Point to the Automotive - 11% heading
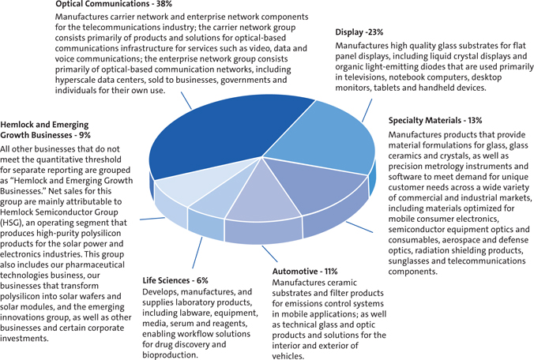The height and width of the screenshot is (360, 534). (305, 271)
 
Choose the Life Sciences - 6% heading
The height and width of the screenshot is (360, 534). (175, 280)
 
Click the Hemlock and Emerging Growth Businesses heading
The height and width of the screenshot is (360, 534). (47, 130)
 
